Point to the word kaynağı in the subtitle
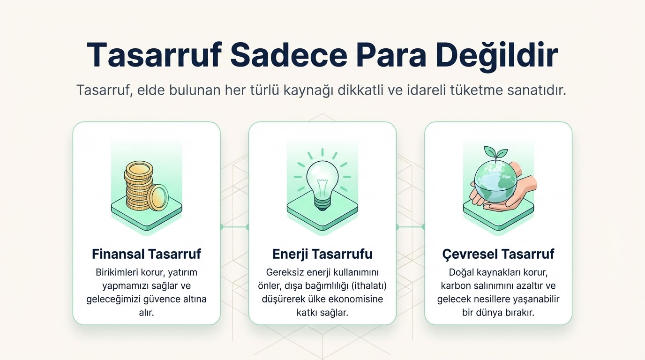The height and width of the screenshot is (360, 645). click(309, 90)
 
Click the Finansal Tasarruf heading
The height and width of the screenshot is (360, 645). click(146, 254)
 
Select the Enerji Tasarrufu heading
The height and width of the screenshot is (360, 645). click(322, 254)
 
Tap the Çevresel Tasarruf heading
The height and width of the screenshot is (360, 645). click(498, 254)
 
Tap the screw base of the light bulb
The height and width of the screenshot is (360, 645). click(322, 203)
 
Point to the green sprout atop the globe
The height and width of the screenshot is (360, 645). click(495, 153)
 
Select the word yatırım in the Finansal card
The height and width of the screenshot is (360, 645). click(186, 272)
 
